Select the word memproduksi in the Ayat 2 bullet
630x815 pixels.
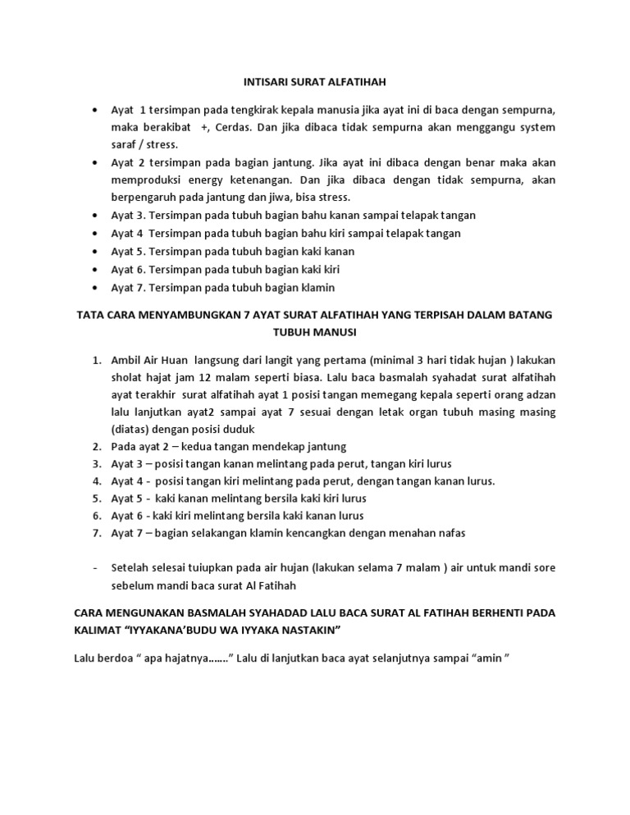[144, 180]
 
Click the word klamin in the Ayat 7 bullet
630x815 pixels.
[318, 287]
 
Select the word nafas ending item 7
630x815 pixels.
[450, 533]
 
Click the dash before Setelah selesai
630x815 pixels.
[96, 568]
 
